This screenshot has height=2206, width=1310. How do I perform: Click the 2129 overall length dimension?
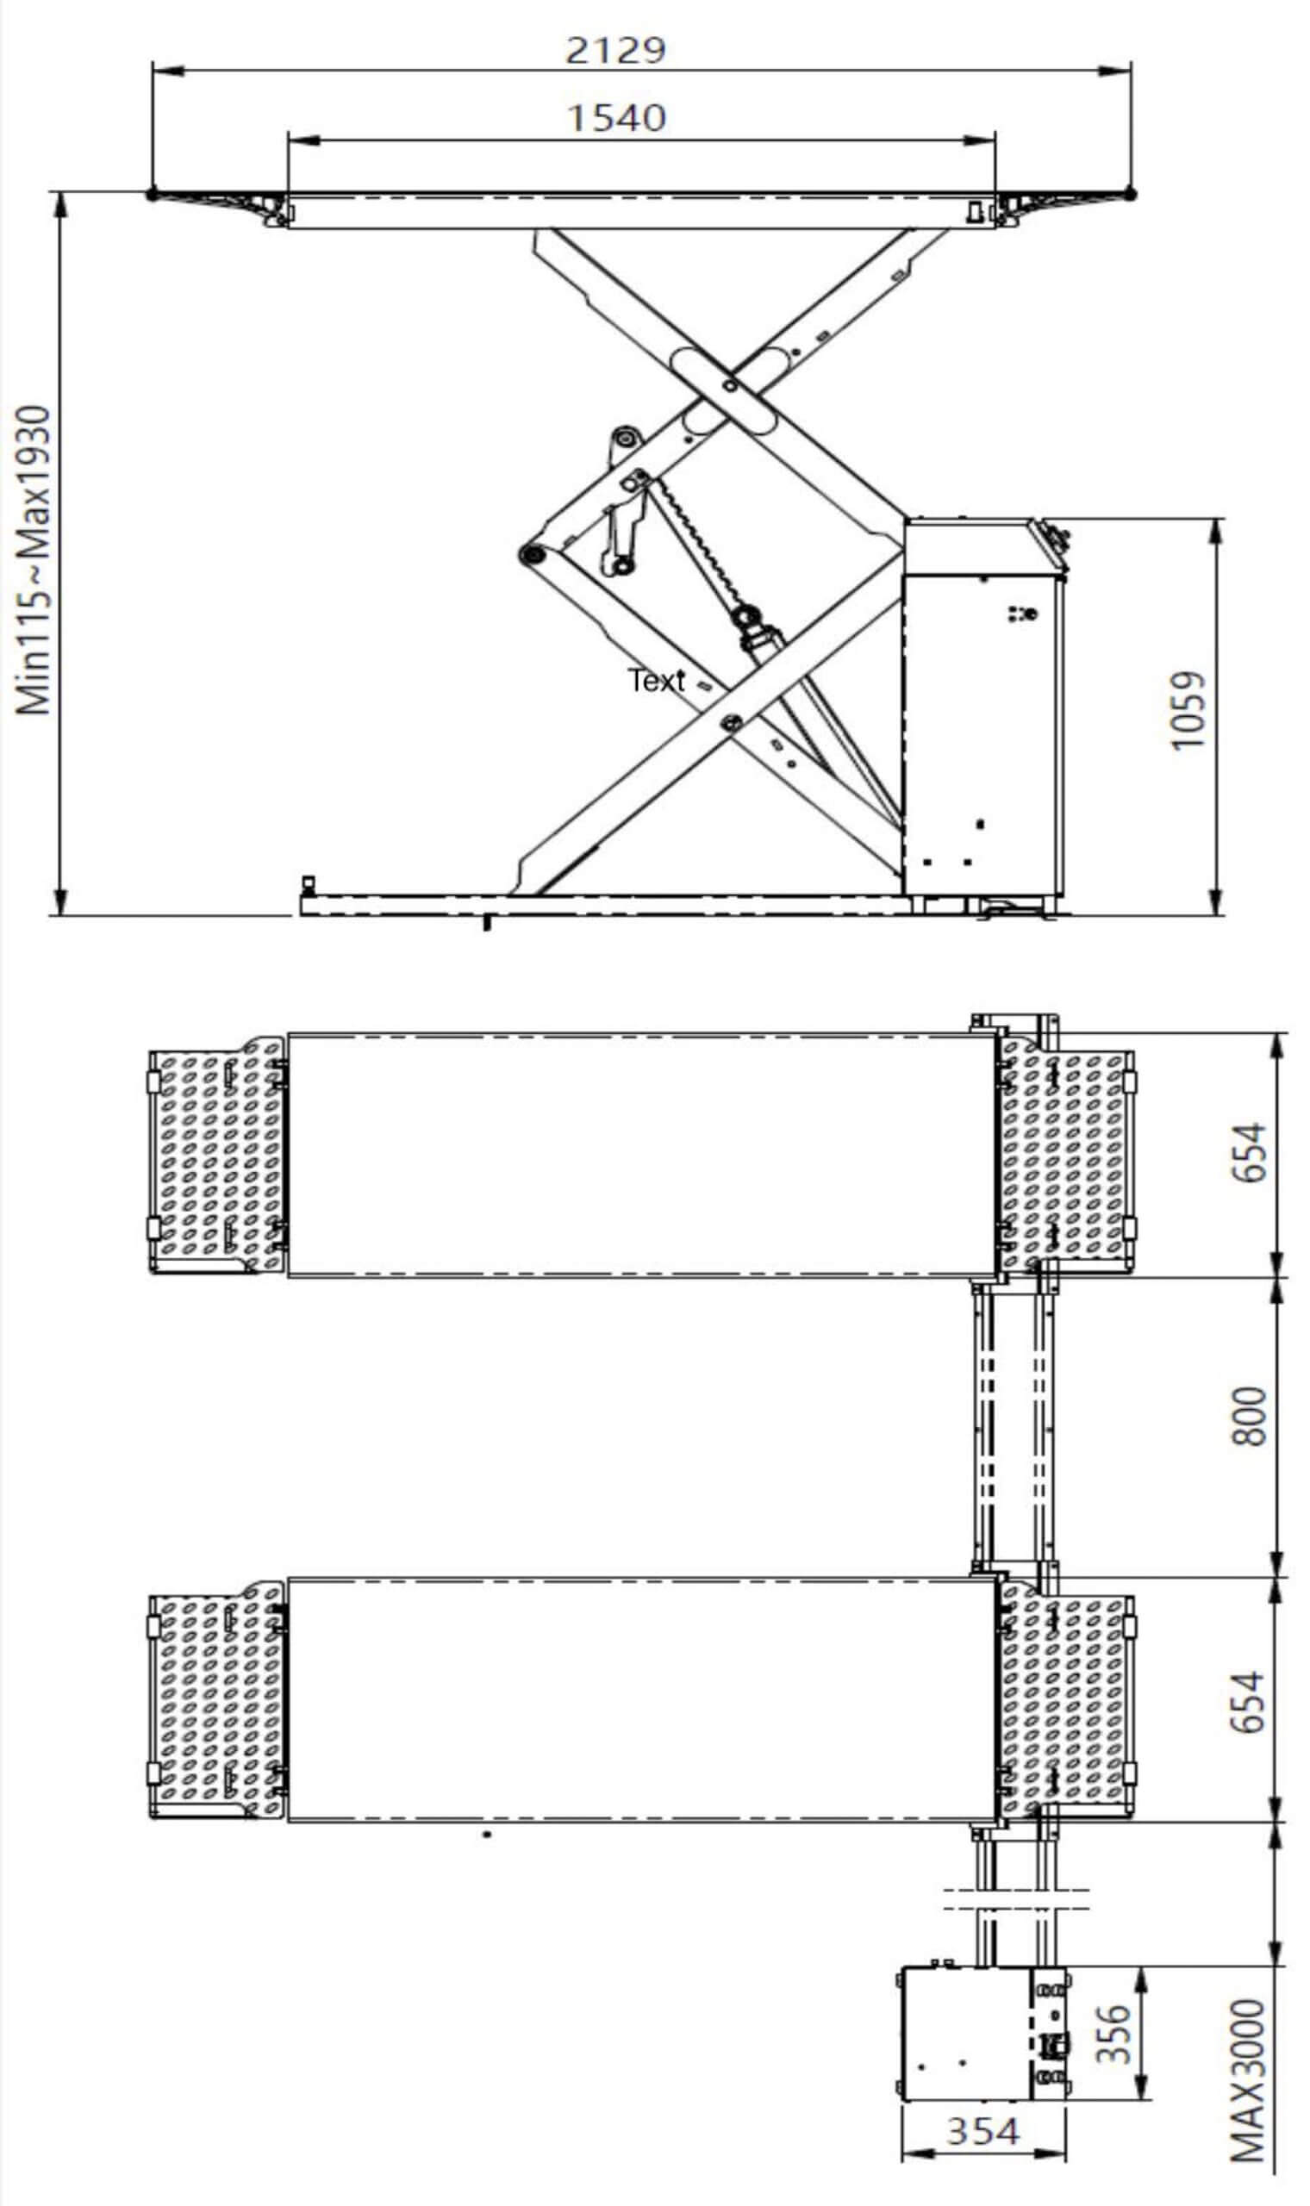615,50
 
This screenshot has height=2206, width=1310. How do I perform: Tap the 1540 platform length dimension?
615,118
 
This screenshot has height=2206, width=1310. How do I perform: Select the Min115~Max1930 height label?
34,560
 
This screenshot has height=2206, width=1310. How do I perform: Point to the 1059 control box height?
1188,710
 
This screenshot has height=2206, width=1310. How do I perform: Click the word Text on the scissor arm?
657,681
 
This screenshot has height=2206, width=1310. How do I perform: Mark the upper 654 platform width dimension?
1248,1152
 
